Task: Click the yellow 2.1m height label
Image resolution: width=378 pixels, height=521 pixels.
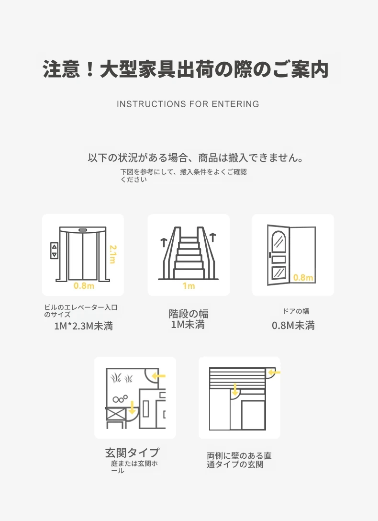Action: tap(113, 254)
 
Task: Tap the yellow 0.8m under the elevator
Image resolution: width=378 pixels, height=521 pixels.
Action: tap(84, 286)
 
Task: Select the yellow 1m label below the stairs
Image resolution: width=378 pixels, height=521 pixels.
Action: tap(189, 286)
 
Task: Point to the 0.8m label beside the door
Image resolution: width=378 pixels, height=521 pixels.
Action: tap(303, 277)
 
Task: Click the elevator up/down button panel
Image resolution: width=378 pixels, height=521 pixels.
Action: tap(54, 250)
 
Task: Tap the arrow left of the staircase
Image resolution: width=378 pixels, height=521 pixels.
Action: tap(164, 242)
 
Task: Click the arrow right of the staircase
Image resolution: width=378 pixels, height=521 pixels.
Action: tap(213, 237)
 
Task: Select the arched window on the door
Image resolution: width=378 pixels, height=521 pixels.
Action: tap(278, 241)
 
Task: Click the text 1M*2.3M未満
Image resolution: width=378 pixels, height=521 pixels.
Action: tap(84, 326)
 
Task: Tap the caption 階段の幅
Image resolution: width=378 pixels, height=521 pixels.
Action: tap(189, 314)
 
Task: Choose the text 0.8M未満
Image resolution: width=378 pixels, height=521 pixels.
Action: tap(293, 325)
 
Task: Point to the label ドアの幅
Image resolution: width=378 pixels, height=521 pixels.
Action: tap(296, 311)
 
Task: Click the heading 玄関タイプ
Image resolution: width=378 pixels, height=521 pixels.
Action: tap(132, 452)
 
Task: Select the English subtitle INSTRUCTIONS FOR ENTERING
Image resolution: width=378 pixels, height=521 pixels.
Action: tap(188, 104)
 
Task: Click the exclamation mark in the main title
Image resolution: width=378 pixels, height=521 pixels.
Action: tap(89, 69)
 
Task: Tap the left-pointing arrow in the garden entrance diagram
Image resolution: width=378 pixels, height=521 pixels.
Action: tap(158, 376)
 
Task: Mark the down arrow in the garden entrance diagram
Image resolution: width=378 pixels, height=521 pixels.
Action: tap(132, 408)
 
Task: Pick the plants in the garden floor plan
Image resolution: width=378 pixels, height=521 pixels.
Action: tap(122, 378)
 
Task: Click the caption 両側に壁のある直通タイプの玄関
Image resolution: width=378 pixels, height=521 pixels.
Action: tap(239, 460)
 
